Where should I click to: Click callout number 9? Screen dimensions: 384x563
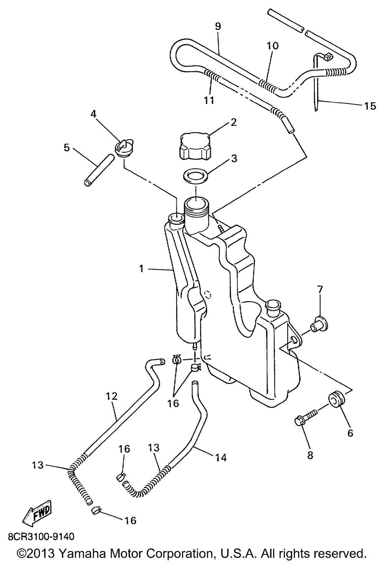[x=218, y=27]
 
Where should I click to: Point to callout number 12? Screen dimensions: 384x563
[x=112, y=396]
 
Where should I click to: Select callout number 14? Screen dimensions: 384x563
[x=220, y=458]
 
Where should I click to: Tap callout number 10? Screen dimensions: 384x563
[x=272, y=46]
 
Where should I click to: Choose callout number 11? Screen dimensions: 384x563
[x=209, y=100]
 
